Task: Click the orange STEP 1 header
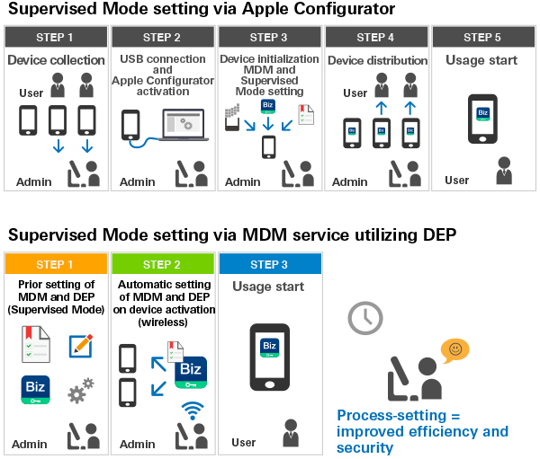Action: tap(56, 264)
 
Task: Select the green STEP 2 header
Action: tap(162, 264)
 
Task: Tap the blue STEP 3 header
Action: tap(269, 264)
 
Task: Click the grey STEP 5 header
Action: tap(482, 37)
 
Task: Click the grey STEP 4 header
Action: tap(375, 37)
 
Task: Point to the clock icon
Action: tap(365, 318)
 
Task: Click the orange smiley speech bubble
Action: tap(454, 349)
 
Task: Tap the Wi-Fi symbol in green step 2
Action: tap(191, 410)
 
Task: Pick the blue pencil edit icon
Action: tap(81, 345)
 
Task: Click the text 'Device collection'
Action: tap(56, 60)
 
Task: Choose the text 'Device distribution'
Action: tap(376, 60)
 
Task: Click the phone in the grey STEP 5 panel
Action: tap(482, 118)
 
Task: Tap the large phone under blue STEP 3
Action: tap(269, 357)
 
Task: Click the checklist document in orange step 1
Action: tap(37, 345)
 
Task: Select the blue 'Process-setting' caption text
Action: tap(422, 431)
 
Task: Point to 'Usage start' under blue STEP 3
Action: tap(269, 287)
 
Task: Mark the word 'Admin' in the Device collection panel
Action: tap(33, 182)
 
